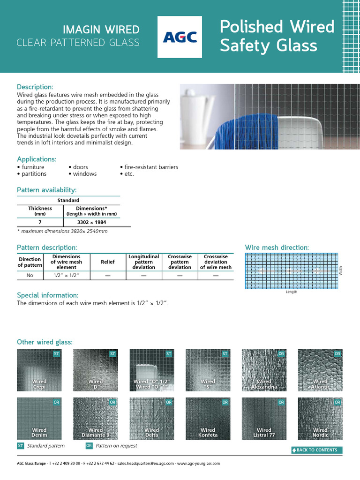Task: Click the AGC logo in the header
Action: tap(180, 37)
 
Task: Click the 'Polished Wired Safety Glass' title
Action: tap(277, 36)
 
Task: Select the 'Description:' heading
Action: tap(35, 87)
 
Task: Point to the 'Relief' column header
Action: tap(107, 262)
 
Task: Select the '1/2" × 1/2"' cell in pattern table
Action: tap(66, 276)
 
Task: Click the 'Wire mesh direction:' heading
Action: tap(277, 247)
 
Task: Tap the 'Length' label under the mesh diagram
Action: tap(291, 292)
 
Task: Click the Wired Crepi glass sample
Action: tap(39, 370)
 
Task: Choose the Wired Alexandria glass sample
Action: tap(264, 370)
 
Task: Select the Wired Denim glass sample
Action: tap(39, 419)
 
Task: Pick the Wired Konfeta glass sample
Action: tap(208, 419)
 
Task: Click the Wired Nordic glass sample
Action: tap(320, 419)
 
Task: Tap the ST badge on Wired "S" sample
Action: tap(225, 353)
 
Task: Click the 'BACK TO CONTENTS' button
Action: tap(317, 450)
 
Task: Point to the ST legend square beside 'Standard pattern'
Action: tap(21, 446)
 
